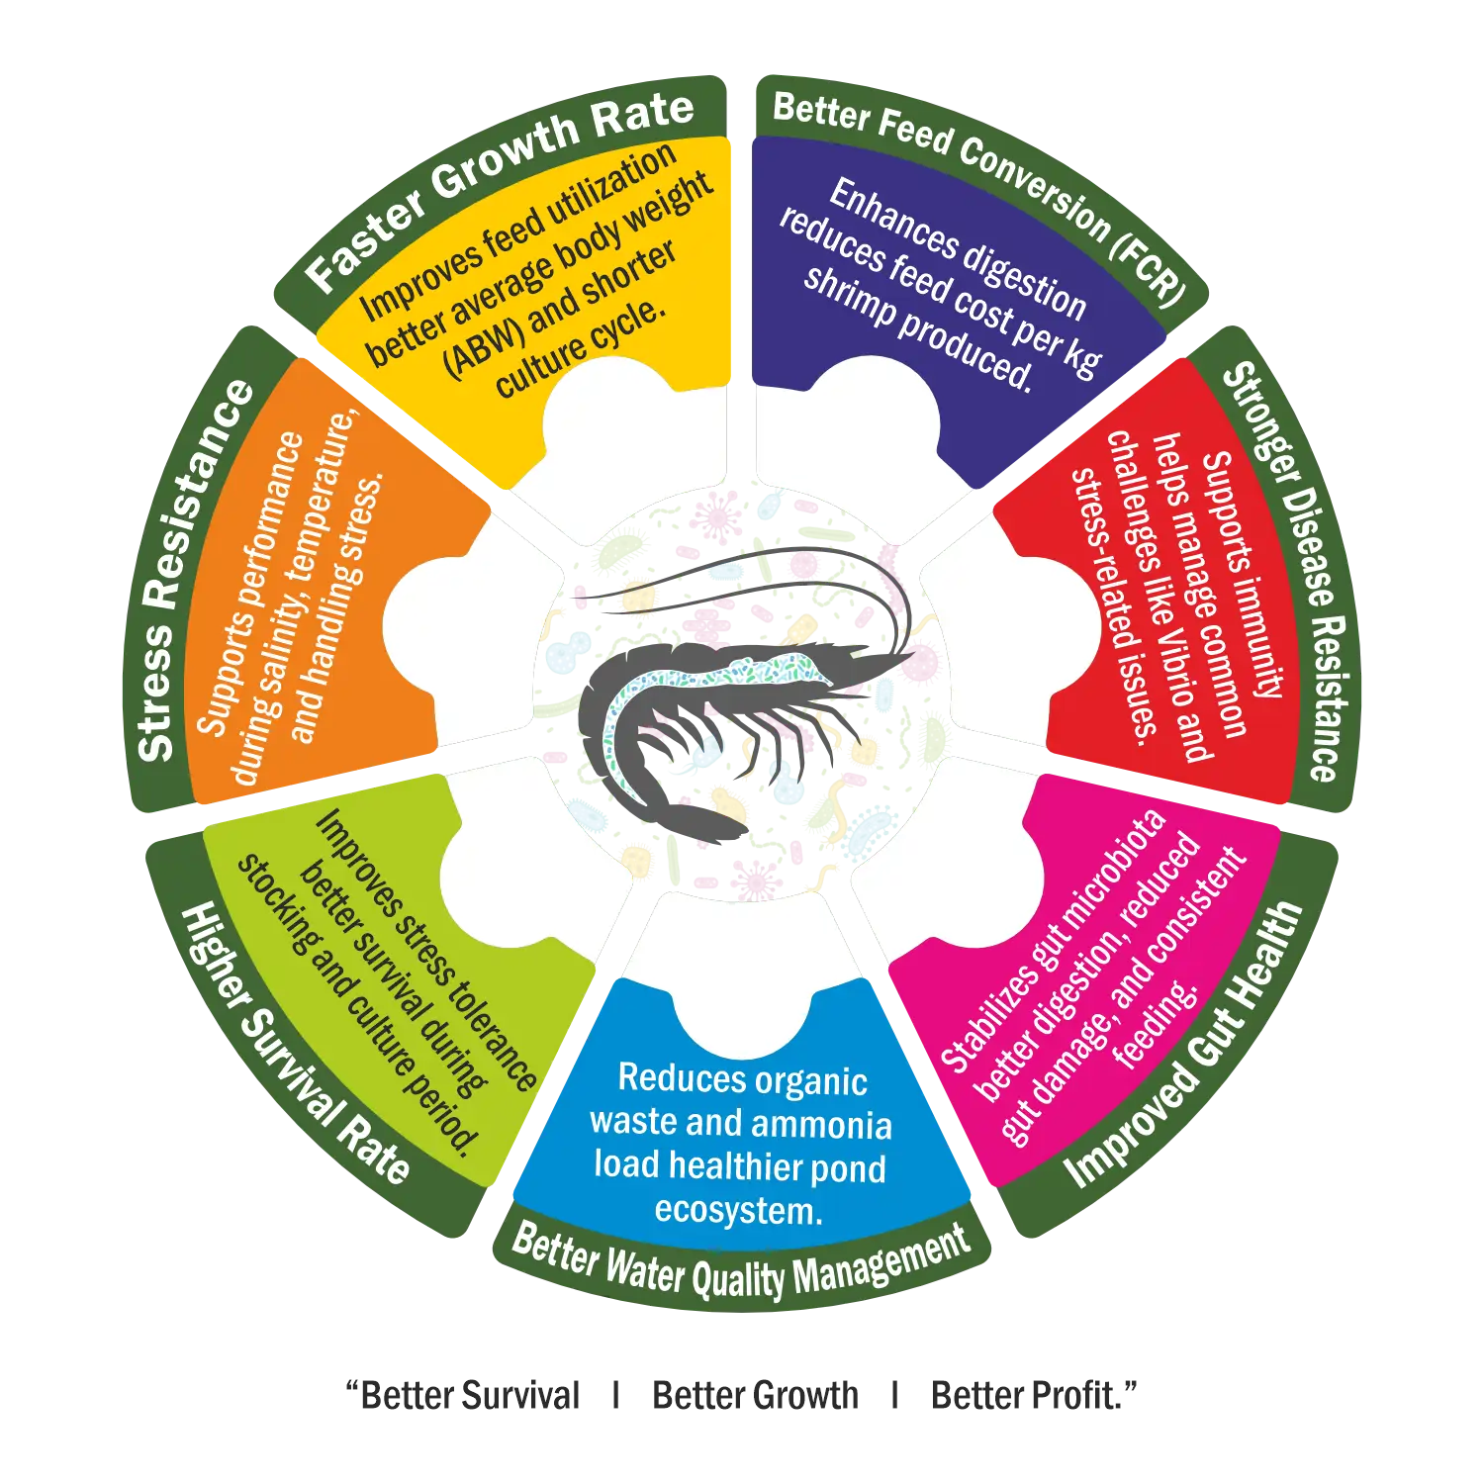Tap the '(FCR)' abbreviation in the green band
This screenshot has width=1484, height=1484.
1149,265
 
